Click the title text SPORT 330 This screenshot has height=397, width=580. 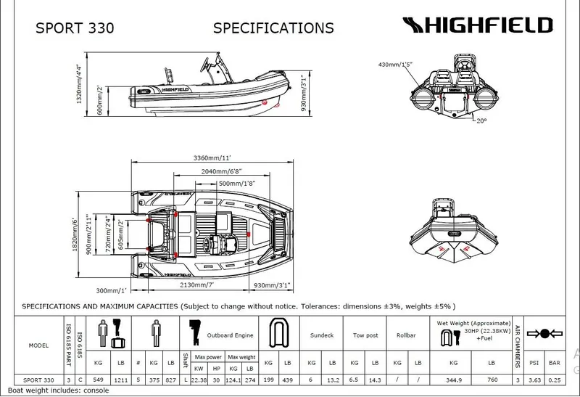coord(75,28)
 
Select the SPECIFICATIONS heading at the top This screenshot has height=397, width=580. coord(273,28)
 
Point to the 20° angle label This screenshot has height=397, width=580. coord(482,120)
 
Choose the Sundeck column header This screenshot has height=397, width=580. coord(321,335)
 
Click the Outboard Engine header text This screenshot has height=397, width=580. coord(231,335)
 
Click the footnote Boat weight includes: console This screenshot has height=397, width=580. coord(54,390)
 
